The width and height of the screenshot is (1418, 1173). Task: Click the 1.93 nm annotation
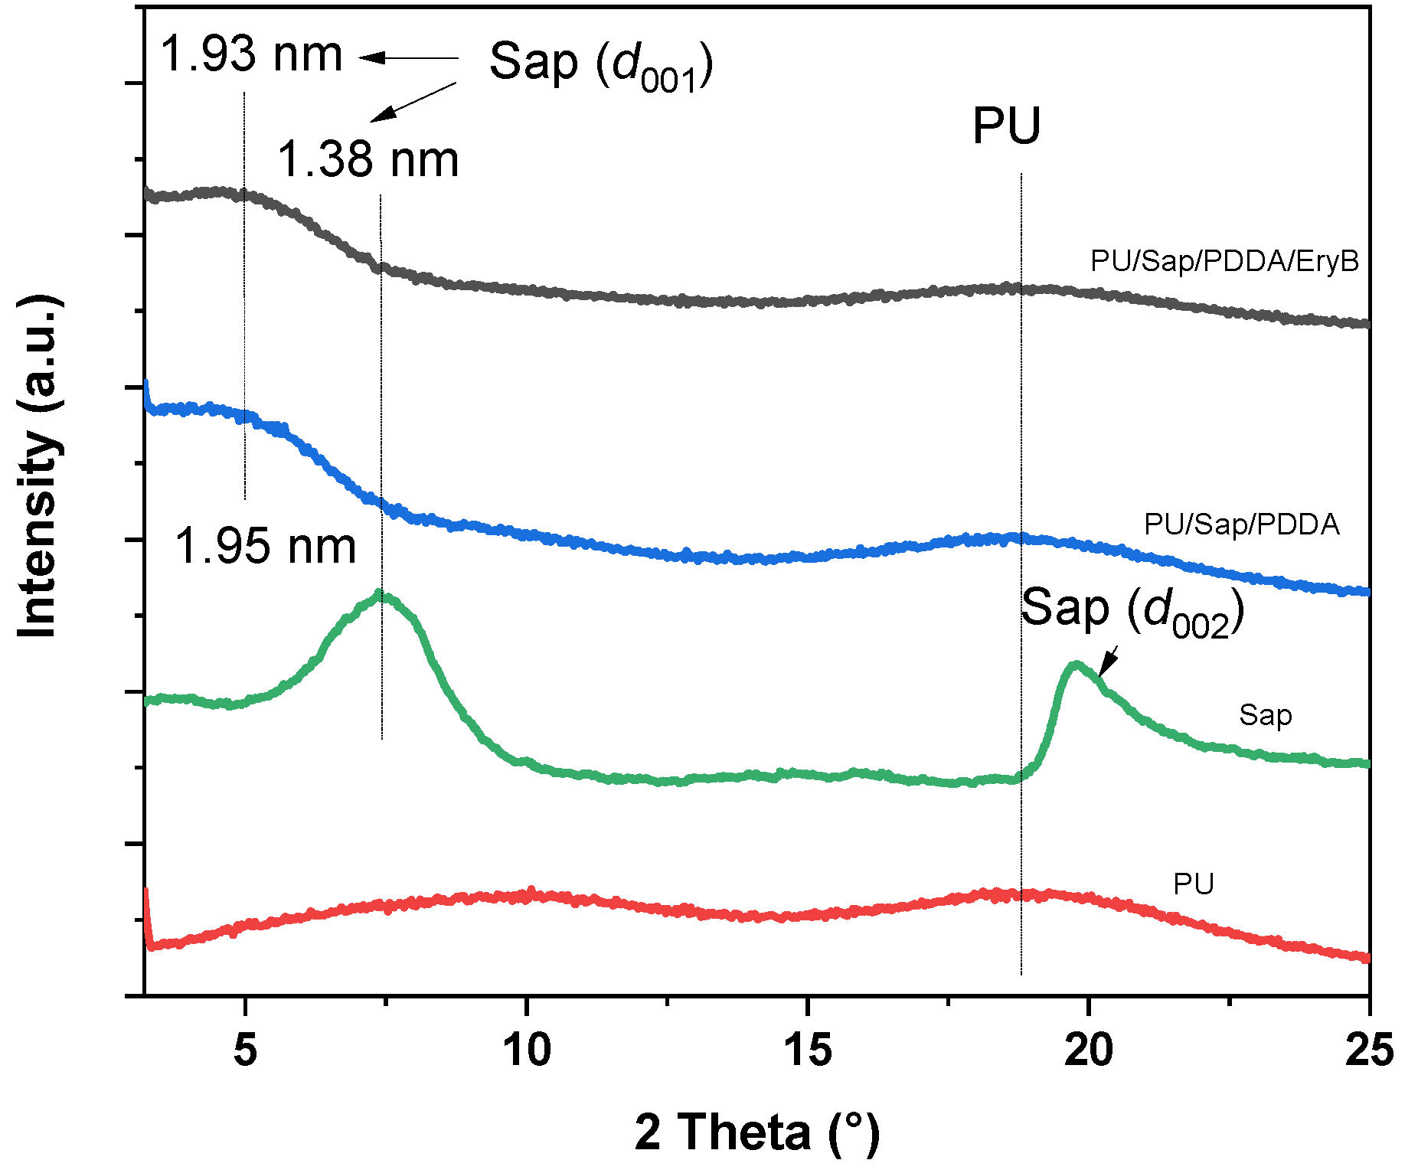251,55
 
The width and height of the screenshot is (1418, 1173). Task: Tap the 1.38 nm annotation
368,161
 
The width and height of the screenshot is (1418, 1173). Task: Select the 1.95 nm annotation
266,547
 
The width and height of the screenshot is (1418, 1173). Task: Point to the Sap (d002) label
1132,610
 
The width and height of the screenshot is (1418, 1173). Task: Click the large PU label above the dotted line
1006,126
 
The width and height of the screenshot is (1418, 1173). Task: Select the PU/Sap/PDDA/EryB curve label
1224,261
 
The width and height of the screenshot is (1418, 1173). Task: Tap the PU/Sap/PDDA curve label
1241,524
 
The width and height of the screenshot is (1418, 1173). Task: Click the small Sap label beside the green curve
1265,715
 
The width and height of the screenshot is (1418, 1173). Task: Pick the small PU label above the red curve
1193,884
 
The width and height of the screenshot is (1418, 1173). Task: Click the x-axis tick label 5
245,1050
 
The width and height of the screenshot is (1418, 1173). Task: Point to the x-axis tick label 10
527,1050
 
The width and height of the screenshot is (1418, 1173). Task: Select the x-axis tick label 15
808,1050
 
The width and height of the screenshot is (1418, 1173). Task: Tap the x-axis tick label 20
1088,1050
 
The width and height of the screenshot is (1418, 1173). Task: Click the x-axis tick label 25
1368,1050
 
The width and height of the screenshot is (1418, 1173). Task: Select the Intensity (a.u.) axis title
38,466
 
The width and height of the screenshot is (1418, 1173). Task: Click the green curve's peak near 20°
1076,665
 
